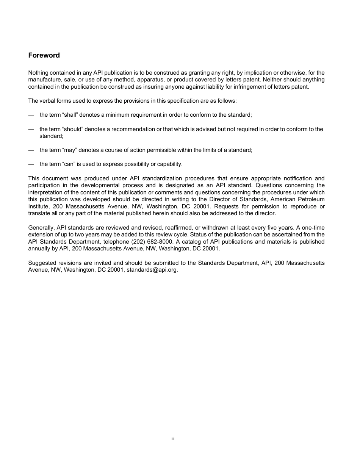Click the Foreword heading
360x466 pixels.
pos(44,55)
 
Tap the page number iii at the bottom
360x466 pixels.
pos(173,439)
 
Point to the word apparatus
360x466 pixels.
pos(143,80)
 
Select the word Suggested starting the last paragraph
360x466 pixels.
pos(42,263)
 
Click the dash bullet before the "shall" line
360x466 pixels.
pos(31,115)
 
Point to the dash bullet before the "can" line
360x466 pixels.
pos(31,164)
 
